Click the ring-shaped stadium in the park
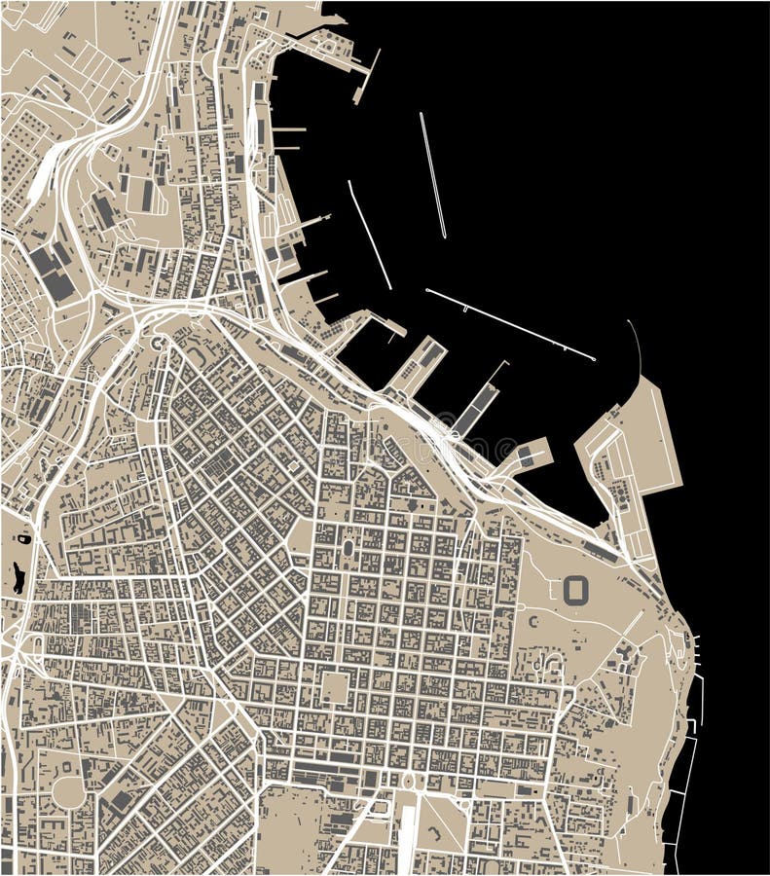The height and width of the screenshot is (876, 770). (576, 589)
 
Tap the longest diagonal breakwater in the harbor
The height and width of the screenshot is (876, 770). (510, 324)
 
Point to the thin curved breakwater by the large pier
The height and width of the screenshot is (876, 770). (637, 347)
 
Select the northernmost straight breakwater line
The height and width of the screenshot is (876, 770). (433, 175)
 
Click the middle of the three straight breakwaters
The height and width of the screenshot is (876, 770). (370, 235)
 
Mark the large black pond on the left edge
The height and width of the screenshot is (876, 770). (18, 577)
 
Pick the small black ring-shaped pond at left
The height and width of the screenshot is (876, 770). (24, 537)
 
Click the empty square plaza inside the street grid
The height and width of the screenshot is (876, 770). (334, 687)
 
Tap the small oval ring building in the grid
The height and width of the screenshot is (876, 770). (348, 548)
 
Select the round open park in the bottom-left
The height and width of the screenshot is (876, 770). (68, 790)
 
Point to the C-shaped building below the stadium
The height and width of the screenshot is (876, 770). (532, 620)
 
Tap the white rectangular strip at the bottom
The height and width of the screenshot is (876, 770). (407, 833)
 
